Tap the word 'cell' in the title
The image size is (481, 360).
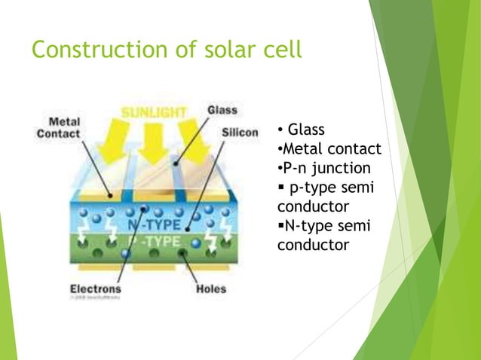pyautogui.click(x=280, y=50)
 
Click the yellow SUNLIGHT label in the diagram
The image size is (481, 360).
pyautogui.click(x=155, y=112)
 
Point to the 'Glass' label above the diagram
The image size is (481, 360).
pyautogui.click(x=222, y=110)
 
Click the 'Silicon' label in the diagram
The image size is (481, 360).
pyautogui.click(x=240, y=133)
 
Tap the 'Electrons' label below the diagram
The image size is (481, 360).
pyautogui.click(x=96, y=288)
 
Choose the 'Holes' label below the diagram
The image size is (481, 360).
pyautogui.click(x=210, y=288)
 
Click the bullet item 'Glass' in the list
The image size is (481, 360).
pyautogui.click(x=306, y=129)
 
